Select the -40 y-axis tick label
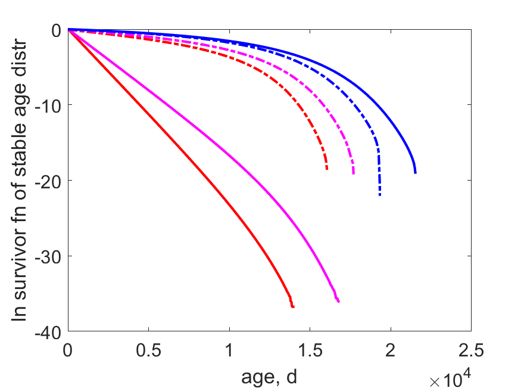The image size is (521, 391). [x=48, y=333]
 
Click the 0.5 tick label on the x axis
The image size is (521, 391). [x=148, y=350]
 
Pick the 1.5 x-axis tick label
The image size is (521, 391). [x=310, y=350]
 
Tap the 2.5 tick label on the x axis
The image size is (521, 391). [x=471, y=350]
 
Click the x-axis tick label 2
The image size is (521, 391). [x=391, y=350]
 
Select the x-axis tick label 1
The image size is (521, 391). [x=229, y=350]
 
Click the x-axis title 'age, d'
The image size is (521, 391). [x=269, y=377]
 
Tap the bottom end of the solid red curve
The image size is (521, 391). [x=293, y=306]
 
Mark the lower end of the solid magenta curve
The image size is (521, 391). [x=338, y=301]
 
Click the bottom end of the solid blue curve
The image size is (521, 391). [x=416, y=173]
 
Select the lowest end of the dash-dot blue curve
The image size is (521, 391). [x=380, y=195]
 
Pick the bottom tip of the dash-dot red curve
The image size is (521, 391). [x=327, y=169]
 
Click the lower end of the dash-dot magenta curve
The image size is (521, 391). [x=353, y=173]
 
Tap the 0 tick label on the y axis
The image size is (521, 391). [x=57, y=31]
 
